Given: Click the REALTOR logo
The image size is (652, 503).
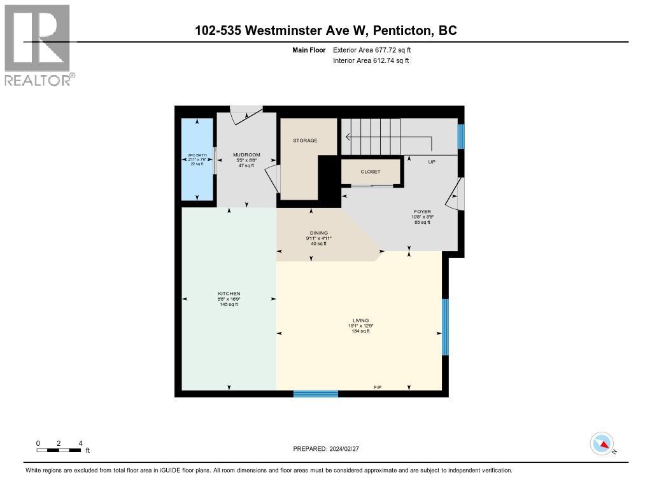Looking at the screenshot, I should point(38,45).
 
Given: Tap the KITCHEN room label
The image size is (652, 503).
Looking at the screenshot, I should point(229,294).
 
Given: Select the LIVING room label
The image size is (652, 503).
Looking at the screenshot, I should point(360,320).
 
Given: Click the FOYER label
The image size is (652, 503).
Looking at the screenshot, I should point(422,212).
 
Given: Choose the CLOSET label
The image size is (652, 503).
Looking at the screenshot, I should point(371,172).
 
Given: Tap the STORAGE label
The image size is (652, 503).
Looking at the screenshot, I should point(305,141).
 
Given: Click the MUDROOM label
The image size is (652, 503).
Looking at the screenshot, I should point(246,155).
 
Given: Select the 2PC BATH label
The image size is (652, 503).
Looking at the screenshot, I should point(197,155).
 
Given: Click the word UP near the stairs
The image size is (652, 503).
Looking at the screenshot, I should point(432,162).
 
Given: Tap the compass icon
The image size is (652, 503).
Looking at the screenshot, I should point(602,443).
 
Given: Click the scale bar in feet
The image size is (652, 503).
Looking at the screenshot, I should point(59,450).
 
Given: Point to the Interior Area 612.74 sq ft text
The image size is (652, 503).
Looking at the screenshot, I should point(371,60).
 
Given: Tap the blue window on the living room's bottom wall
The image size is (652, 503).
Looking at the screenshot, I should point(315,394).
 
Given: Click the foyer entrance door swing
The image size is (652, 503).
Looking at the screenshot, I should point(456,194).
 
